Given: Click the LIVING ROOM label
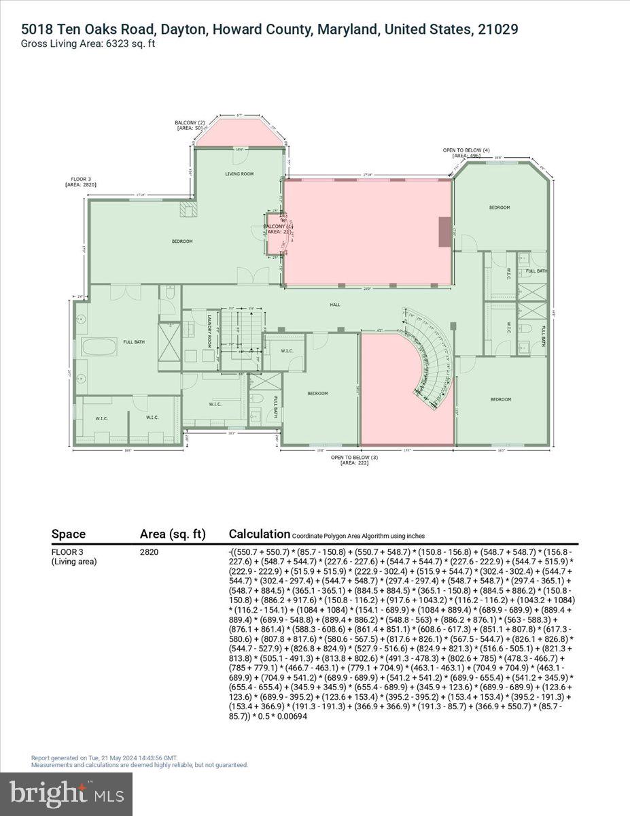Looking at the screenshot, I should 239,174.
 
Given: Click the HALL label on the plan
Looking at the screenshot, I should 335,305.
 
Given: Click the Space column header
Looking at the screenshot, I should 69,534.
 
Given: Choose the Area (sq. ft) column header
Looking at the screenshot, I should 173,534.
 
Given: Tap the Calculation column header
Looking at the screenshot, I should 259,534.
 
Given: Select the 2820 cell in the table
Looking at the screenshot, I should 149,552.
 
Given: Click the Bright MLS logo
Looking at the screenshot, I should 67,794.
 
